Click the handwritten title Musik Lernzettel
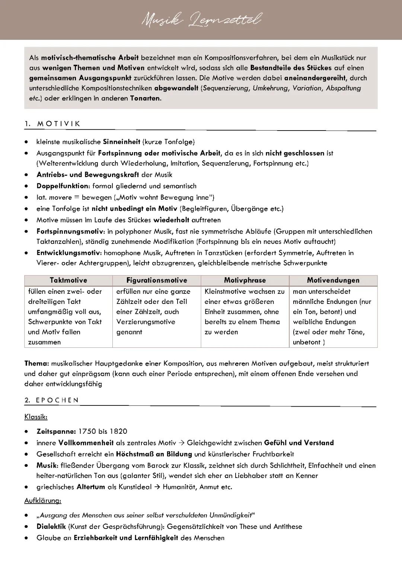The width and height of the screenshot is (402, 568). coord(201,19)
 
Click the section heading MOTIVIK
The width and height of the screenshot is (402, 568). coord(58,124)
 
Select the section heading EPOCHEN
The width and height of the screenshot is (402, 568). coord(57,400)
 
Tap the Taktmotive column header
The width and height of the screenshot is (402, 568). coord(68,280)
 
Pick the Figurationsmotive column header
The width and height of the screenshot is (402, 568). coord(157,280)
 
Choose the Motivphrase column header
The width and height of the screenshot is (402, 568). coord(245,280)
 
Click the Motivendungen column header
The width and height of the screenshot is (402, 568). coord(333,280)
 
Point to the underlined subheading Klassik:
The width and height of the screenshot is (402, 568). coord(36,417)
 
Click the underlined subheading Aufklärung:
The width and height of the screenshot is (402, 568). coord(42,501)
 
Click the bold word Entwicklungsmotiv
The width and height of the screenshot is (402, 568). coord(69,253)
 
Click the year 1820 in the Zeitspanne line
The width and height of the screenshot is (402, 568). coord(118,431)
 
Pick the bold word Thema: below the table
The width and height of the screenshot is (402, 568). coord(36,363)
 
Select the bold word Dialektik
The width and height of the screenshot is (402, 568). coord(51,527)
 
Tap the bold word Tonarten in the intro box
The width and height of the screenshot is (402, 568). coord(145,99)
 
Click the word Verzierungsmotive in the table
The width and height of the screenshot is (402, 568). coord(146,322)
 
